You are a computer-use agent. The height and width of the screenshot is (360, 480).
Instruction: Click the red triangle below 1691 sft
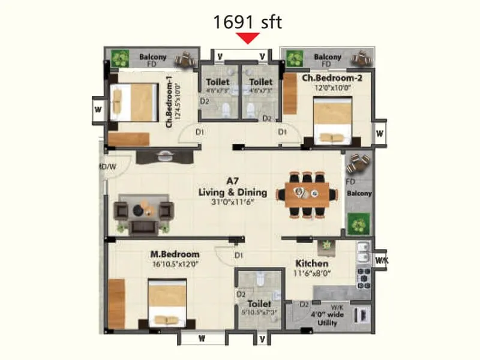click(x=248, y=38)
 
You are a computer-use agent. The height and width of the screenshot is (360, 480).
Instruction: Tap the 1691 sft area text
click(x=248, y=22)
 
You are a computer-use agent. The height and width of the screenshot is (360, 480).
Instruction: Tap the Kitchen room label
click(x=311, y=263)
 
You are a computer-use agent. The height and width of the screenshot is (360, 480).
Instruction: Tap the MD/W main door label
click(x=107, y=166)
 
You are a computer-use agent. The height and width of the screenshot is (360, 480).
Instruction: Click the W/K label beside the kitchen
click(x=381, y=260)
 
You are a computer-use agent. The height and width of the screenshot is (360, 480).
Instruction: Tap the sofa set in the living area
click(x=143, y=212)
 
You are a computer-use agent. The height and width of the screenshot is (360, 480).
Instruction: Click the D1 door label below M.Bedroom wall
click(x=239, y=256)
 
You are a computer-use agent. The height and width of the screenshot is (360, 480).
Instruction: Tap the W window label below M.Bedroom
click(x=202, y=338)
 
